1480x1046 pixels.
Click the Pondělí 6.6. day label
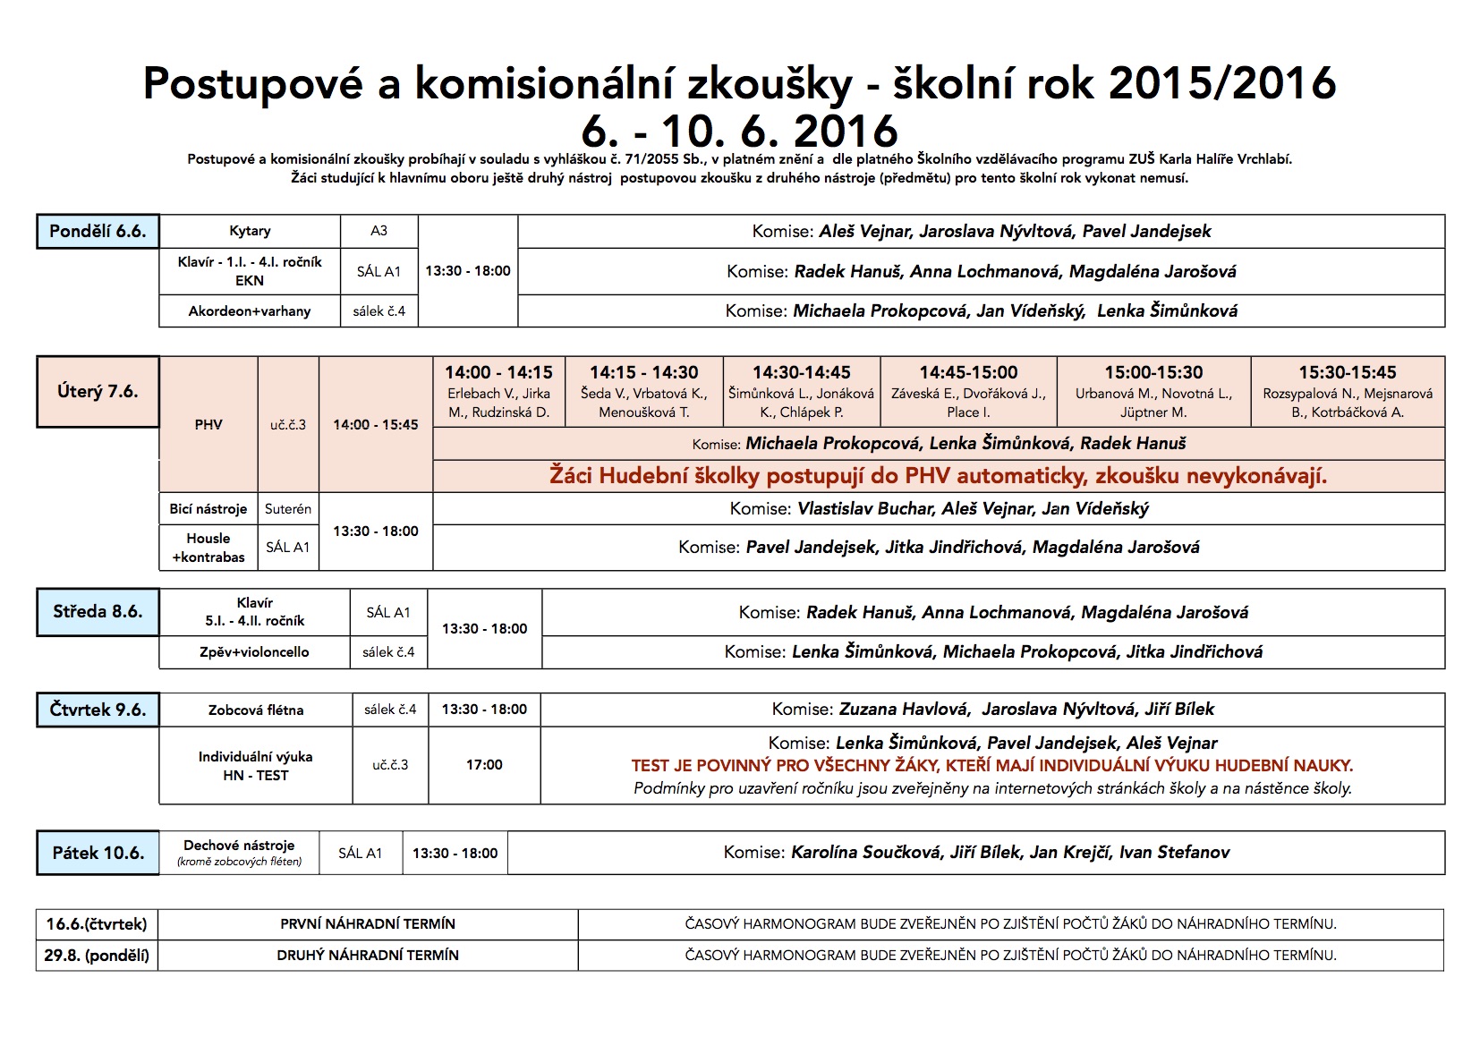98,231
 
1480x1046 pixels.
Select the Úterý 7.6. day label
98,391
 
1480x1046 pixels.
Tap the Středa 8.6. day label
98,612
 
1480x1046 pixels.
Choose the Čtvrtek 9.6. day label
98,710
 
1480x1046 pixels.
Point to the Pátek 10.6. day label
98,853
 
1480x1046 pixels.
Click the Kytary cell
250,231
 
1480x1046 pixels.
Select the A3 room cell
379,231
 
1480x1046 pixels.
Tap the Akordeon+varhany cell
250,311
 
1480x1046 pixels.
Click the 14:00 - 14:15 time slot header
498,372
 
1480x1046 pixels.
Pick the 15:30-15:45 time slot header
1347,372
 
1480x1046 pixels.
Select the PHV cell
208,425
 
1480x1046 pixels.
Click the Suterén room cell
288,509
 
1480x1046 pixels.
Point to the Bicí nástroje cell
208,509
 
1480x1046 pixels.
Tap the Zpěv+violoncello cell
254,652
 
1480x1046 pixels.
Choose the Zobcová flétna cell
256,710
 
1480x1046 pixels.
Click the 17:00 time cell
484,765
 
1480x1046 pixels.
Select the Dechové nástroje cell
239,846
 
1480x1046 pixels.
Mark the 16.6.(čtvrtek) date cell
97,923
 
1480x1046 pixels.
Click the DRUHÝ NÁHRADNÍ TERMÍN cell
368,956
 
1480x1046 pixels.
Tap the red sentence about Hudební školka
938,476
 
